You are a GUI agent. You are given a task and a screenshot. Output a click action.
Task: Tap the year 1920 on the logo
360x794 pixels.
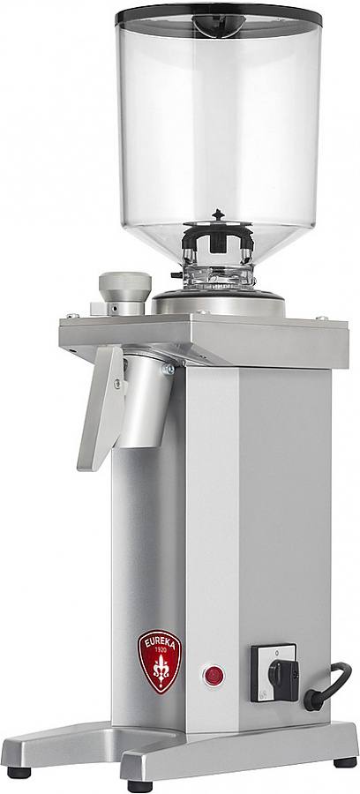pos(160,648)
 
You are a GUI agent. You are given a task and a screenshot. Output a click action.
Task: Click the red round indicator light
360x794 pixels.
pos(214,676)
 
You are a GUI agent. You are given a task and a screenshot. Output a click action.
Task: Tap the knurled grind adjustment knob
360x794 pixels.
pos(125,287)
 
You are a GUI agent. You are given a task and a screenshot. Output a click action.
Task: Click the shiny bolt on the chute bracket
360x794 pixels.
pos(168,369)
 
